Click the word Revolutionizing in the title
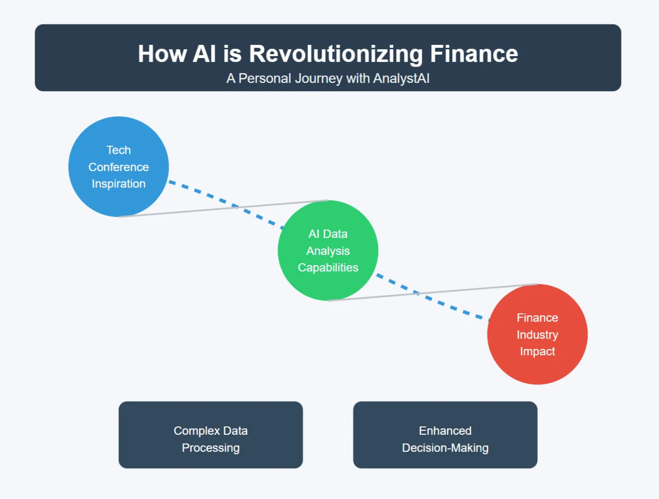pos(336,54)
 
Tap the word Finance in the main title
pos(474,54)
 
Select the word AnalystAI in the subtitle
pos(401,78)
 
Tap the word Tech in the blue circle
pos(118,150)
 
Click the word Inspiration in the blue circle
pos(118,184)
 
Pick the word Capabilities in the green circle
pos(328,268)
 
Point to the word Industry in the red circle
pos(537,335)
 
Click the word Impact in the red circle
pos(537,351)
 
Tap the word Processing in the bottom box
pos(210,448)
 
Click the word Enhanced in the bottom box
pos(445,431)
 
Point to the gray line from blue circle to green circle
pos(195,211)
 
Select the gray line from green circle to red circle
pos(468,289)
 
